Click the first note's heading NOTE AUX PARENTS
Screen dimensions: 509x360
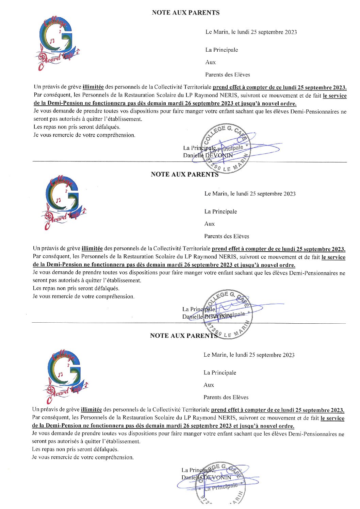click(x=185, y=13)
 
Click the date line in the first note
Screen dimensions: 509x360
click(x=251, y=32)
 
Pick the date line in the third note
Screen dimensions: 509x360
click(x=249, y=355)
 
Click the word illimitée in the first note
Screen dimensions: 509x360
click(x=93, y=87)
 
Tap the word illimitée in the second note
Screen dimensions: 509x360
click(x=92, y=249)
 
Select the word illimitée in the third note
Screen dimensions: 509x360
click(x=91, y=410)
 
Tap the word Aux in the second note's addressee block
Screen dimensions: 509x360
click(x=209, y=224)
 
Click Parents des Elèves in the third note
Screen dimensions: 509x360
click(x=226, y=397)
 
